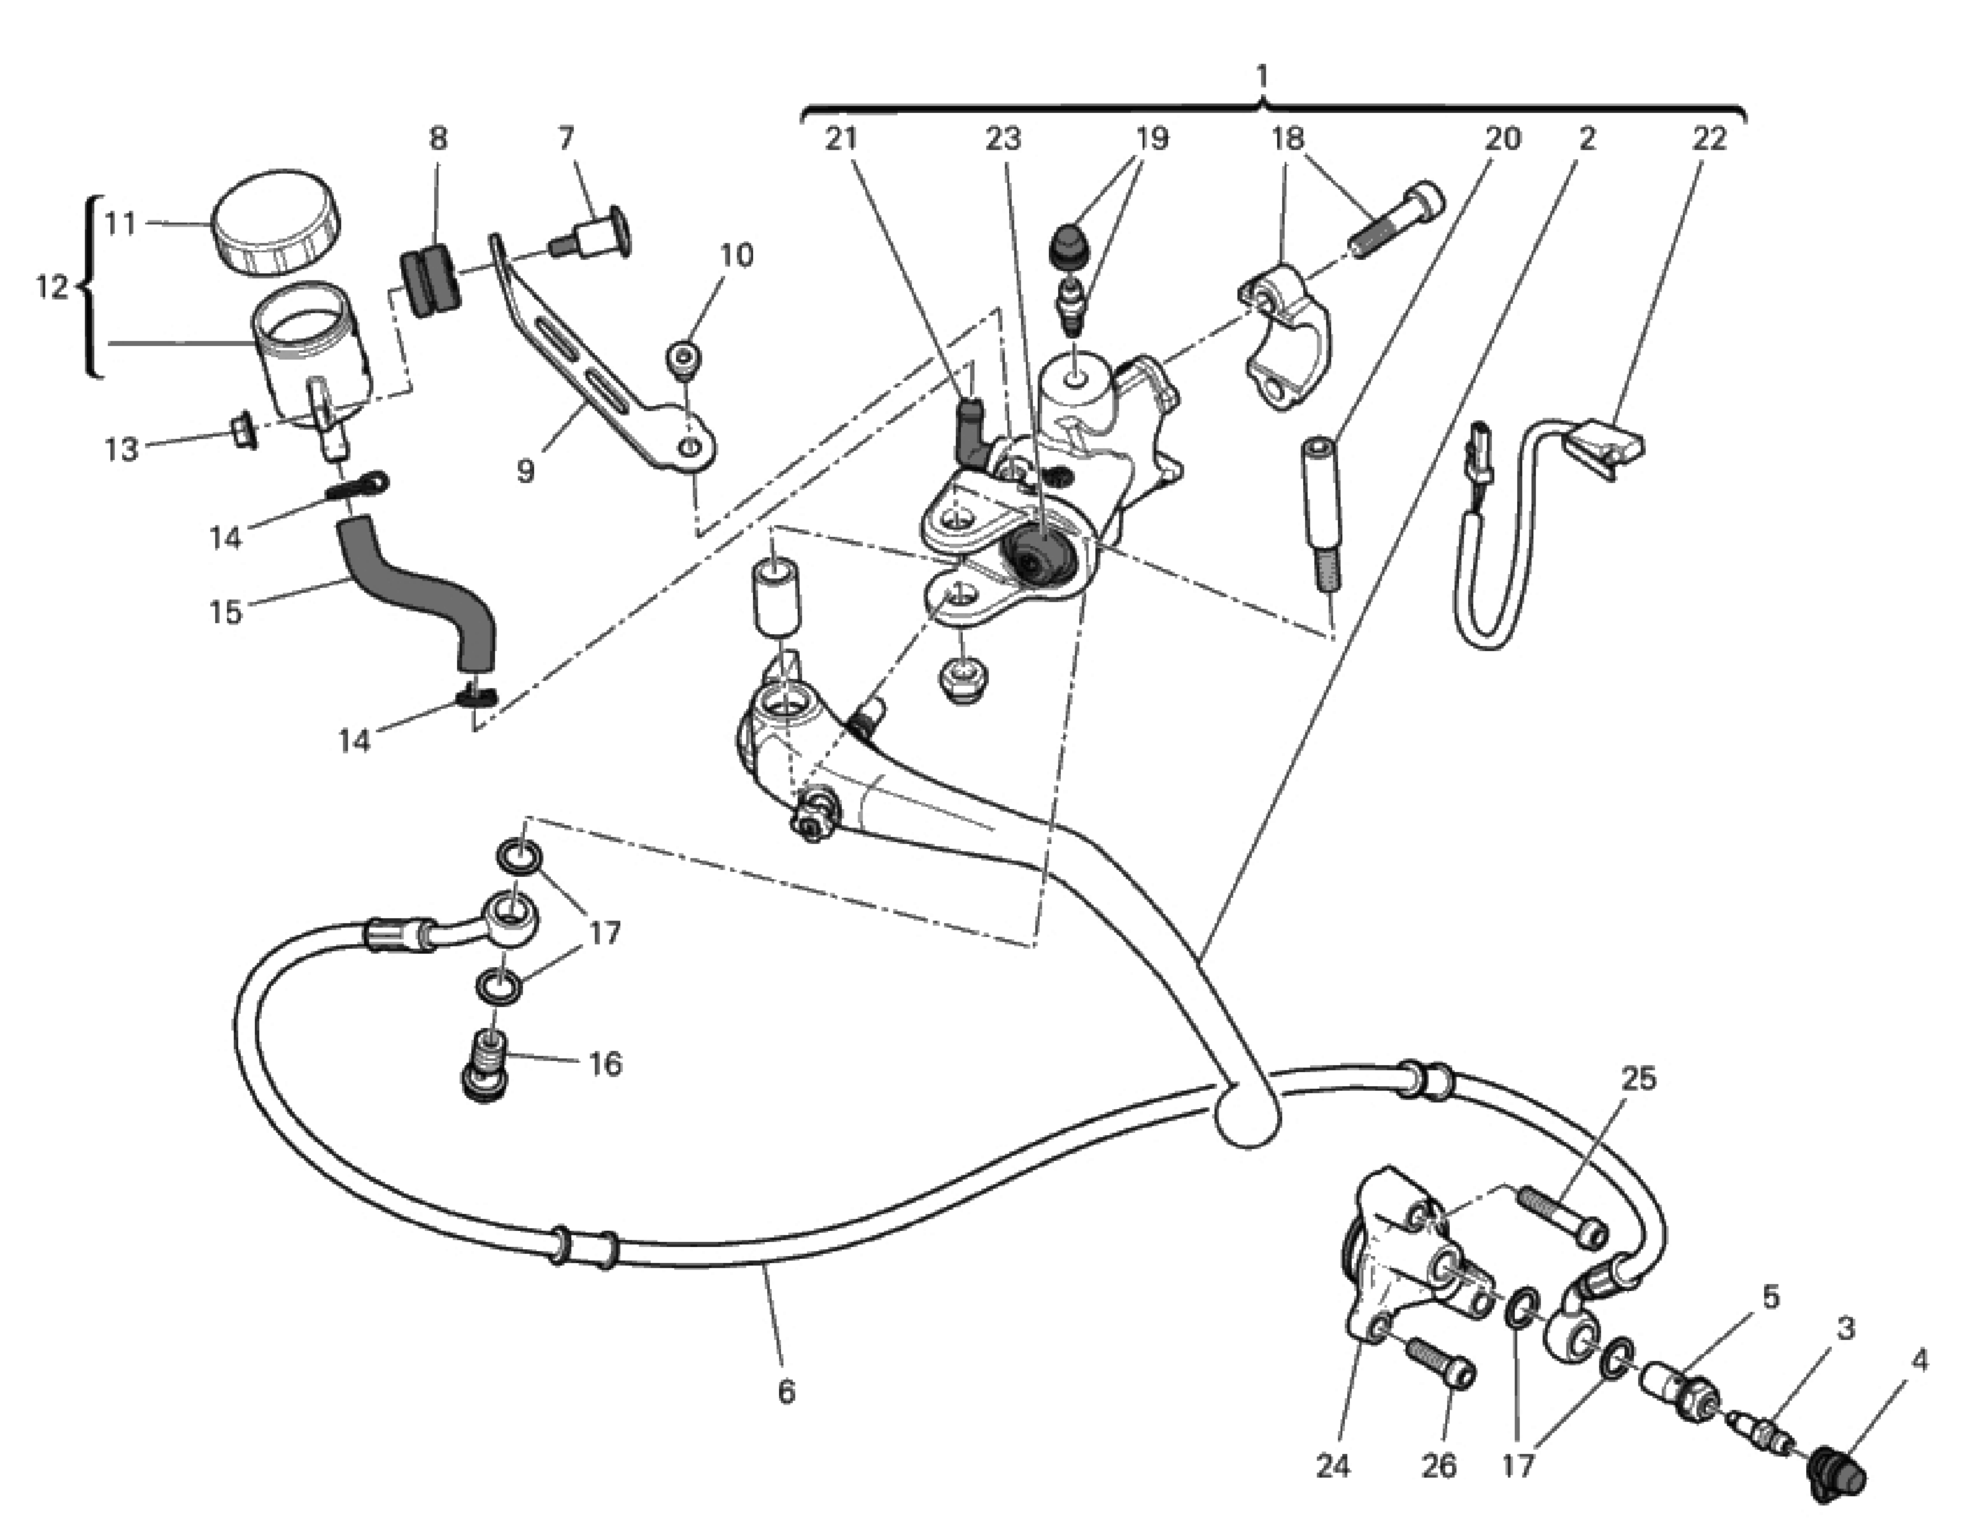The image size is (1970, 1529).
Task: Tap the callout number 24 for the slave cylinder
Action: [x=1333, y=1467]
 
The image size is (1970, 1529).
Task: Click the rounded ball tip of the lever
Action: [x=1248, y=1116]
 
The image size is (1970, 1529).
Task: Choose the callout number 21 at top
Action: [x=841, y=138]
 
